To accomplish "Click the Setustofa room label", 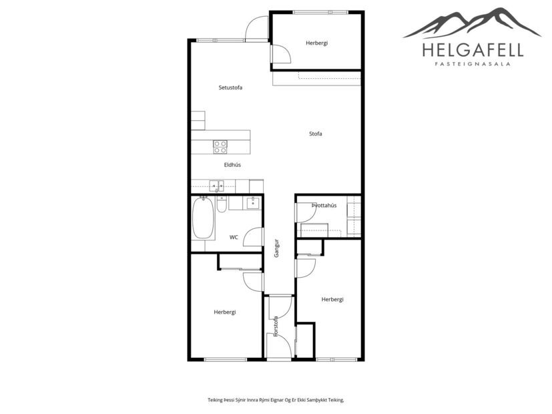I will pos(230,87).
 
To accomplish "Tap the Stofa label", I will pos(316,134).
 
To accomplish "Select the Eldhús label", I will pos(232,164).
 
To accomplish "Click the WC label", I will pos(234,237).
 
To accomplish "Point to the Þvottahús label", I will pos(324,206).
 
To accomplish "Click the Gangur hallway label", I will pos(276,248).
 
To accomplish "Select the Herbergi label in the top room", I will pos(316,43).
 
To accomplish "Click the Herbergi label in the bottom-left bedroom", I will pos(225,312).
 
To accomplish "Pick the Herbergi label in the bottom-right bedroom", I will pos(332,299).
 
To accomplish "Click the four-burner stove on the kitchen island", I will pos(220,146).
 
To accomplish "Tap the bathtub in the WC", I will pos(203,218).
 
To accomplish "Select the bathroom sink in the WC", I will pos(253,203).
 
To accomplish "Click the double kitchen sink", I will pos(215,186).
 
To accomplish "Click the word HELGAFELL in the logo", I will pos(472,49).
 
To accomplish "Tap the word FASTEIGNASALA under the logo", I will pos(472,65).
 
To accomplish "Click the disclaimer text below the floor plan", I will pos(275,399).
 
